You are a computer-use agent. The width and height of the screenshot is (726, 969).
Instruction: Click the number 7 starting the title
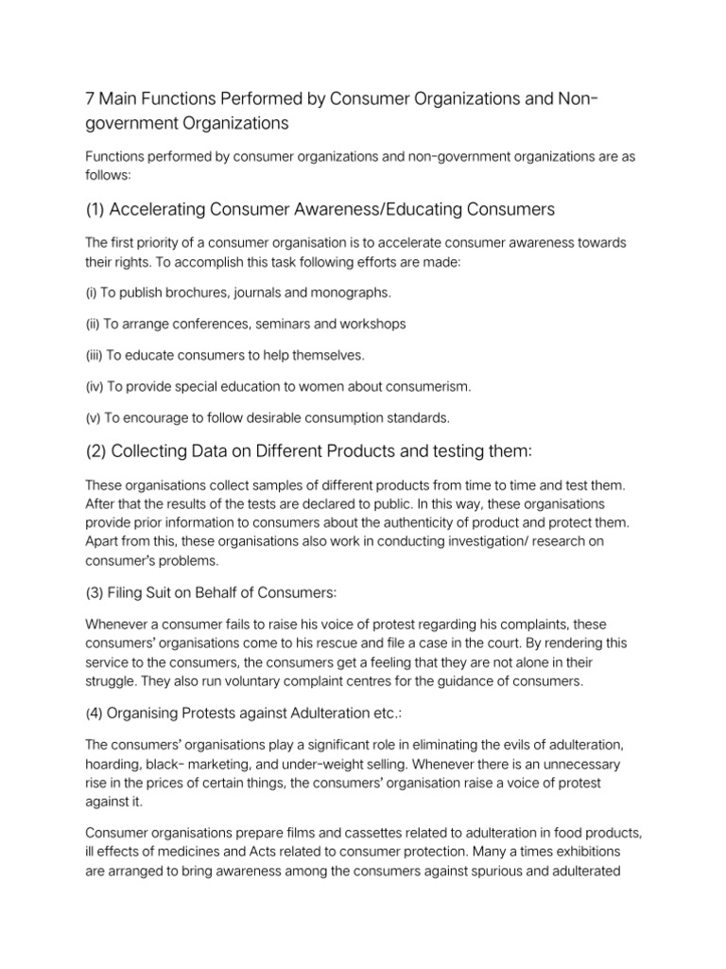pos(90,99)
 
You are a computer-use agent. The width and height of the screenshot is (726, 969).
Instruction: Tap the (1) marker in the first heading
pos(97,208)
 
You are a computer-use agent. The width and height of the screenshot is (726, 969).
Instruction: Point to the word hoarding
pos(115,764)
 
